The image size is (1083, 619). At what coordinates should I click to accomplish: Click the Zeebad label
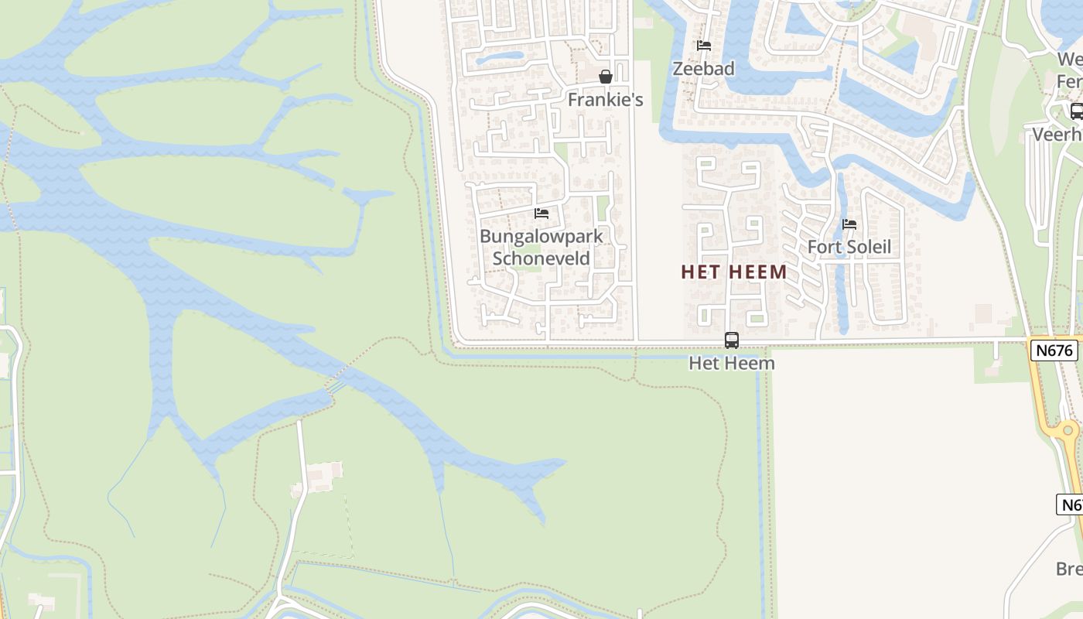(703, 68)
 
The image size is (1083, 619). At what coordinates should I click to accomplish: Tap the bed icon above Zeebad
(703, 46)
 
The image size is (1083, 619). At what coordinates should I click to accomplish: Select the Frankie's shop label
(605, 100)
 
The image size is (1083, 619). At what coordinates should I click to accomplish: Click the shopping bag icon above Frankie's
(606, 77)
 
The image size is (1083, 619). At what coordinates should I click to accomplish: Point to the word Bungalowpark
(541, 236)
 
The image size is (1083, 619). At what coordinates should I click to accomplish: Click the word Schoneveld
(541, 258)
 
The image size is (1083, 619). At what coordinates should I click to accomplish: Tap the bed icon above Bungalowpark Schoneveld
(541, 213)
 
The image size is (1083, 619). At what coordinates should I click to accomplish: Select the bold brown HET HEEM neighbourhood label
(734, 272)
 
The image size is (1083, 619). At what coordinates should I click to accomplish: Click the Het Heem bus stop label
(731, 362)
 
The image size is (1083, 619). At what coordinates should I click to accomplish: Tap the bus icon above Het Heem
(731, 340)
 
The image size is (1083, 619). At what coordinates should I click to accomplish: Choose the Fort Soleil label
(849, 247)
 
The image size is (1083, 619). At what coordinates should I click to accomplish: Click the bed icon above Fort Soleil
(849, 224)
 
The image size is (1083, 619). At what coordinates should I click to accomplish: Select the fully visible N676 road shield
(1054, 350)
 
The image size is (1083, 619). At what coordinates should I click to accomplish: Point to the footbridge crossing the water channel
(336, 383)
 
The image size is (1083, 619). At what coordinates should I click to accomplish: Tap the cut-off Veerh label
(1057, 135)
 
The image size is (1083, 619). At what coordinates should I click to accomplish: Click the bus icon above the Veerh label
(1076, 111)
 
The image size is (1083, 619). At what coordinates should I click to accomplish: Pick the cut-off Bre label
(1069, 569)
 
